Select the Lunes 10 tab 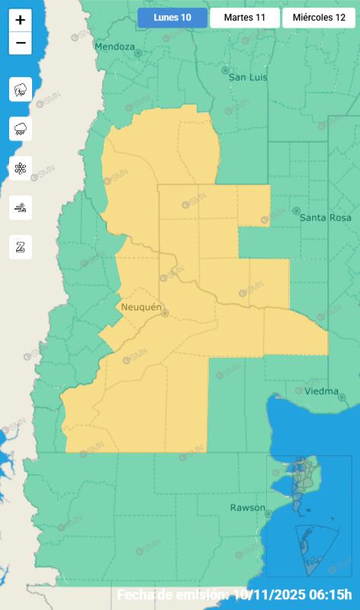(x=172, y=18)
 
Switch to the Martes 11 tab (x=245, y=18)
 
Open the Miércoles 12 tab (x=319, y=18)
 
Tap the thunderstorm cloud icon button (x=21, y=90)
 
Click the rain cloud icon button (x=21, y=129)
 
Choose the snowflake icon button (x=21, y=169)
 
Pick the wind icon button (x=21, y=207)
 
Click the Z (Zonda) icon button (x=21, y=246)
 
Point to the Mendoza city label (x=114, y=47)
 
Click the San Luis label (x=249, y=78)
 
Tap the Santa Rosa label (x=325, y=217)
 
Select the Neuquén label (x=142, y=307)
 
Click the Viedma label (x=321, y=391)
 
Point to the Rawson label (x=248, y=507)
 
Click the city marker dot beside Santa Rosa (x=297, y=210)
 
